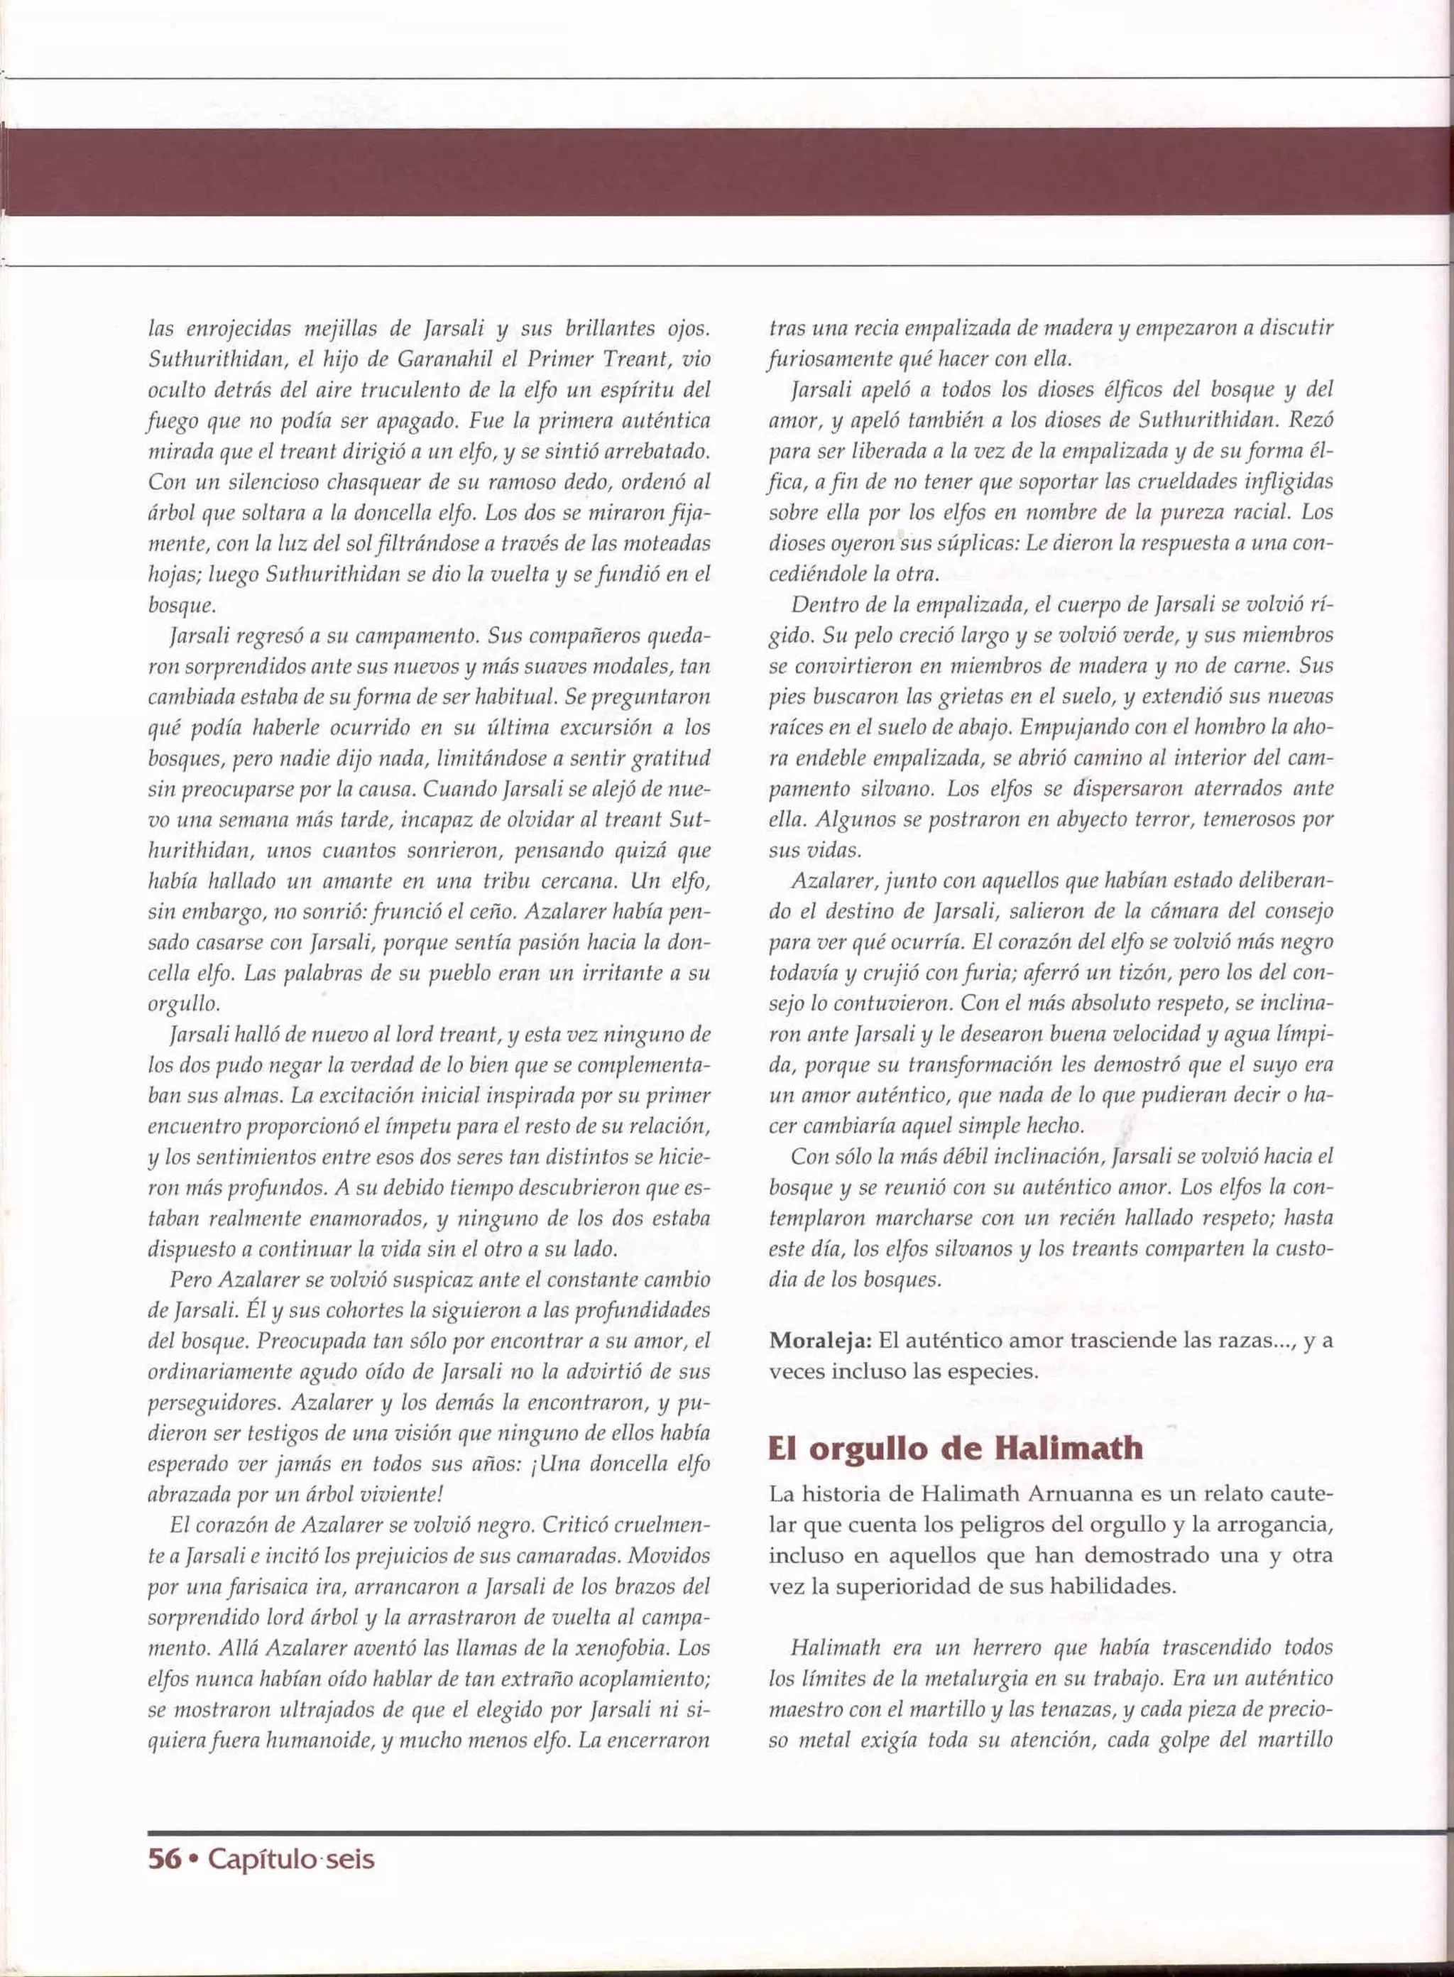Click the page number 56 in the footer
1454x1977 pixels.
pyautogui.click(x=165, y=1859)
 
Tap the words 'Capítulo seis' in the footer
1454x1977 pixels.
pyautogui.click(x=291, y=1859)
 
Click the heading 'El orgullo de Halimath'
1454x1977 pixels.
pyautogui.click(x=955, y=1447)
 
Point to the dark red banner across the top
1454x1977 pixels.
pyautogui.click(x=727, y=172)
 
